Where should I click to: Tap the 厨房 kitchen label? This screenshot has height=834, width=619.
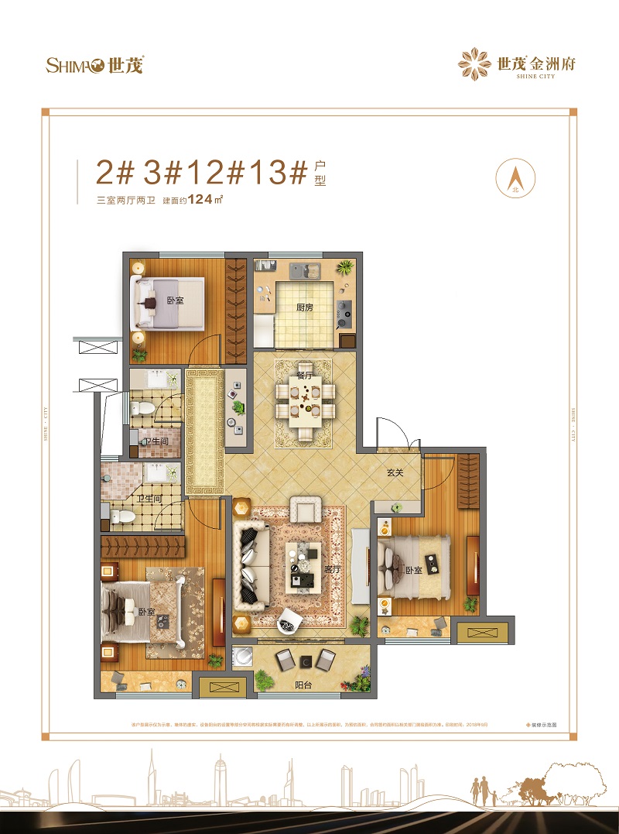coord(305,307)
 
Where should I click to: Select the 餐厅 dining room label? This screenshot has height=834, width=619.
coord(304,376)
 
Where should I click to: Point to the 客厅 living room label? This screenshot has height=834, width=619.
coord(333,569)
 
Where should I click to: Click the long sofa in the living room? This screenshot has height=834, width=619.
coord(251,565)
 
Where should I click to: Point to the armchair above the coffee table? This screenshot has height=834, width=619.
coord(305,510)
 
